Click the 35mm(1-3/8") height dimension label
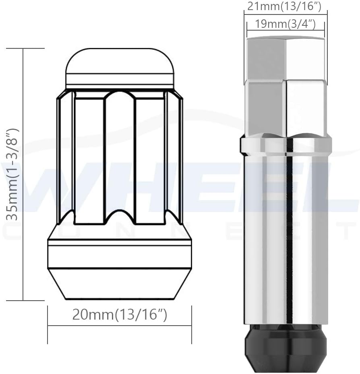pos(13,175)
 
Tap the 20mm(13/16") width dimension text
pos(120,315)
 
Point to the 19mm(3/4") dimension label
pos(285,24)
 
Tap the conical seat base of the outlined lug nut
pos(120,284)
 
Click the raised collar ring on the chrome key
pos(286,146)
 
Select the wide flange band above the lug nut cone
pos(120,254)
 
